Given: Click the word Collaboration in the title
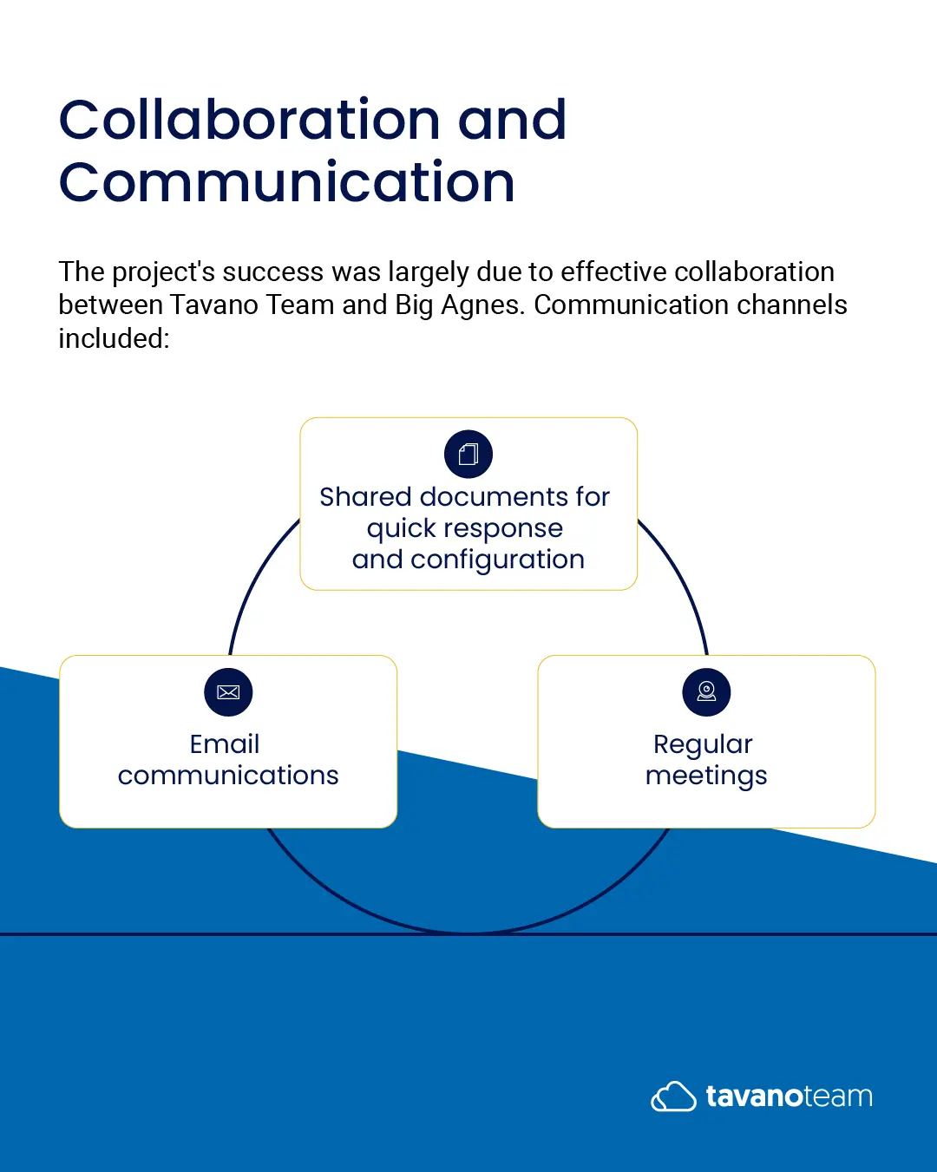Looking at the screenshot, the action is click(250, 119).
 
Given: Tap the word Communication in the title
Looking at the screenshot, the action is click(286, 182).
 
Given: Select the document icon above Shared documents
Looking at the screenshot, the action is click(468, 455).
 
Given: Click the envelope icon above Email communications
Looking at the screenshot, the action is click(228, 691).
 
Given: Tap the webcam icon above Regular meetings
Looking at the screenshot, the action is click(706, 691).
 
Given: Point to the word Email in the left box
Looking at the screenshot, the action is click(225, 744).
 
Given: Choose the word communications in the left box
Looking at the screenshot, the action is click(228, 776).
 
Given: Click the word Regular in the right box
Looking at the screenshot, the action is click(703, 745).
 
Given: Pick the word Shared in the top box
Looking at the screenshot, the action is click(365, 497).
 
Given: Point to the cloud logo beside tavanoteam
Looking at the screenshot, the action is click(673, 1096).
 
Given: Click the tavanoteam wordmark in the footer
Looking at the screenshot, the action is click(790, 1097).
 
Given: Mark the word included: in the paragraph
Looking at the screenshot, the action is click(115, 338).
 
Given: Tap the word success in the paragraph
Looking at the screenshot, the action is click(273, 272).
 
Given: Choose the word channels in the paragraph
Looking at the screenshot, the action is click(792, 304).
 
